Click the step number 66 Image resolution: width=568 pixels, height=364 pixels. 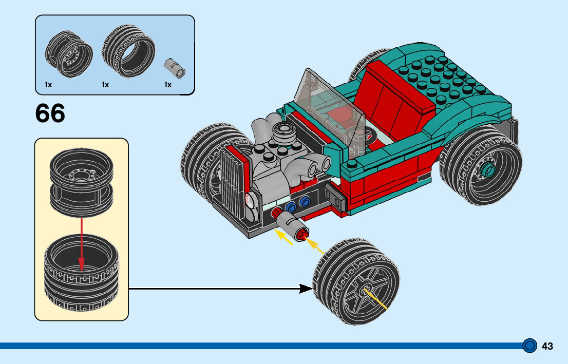[x=50, y=113]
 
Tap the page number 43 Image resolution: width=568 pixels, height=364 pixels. [x=547, y=346]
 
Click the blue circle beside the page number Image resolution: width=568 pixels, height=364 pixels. [x=529, y=346]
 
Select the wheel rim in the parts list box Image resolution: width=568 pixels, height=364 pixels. [x=69, y=54]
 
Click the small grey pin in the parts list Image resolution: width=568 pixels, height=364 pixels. [x=175, y=68]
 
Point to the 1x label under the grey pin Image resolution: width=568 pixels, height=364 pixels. [x=168, y=85]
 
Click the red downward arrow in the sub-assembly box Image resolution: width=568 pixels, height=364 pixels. [x=82, y=244]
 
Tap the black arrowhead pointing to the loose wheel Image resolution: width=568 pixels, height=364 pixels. [x=306, y=289]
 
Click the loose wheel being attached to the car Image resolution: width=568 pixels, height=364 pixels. [x=356, y=281]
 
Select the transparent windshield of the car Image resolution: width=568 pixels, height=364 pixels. [x=328, y=106]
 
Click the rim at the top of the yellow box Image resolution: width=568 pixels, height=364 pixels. [x=82, y=182]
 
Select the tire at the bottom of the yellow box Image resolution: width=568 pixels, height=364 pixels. [x=82, y=273]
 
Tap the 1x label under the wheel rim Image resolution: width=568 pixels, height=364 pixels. [x=48, y=85]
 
